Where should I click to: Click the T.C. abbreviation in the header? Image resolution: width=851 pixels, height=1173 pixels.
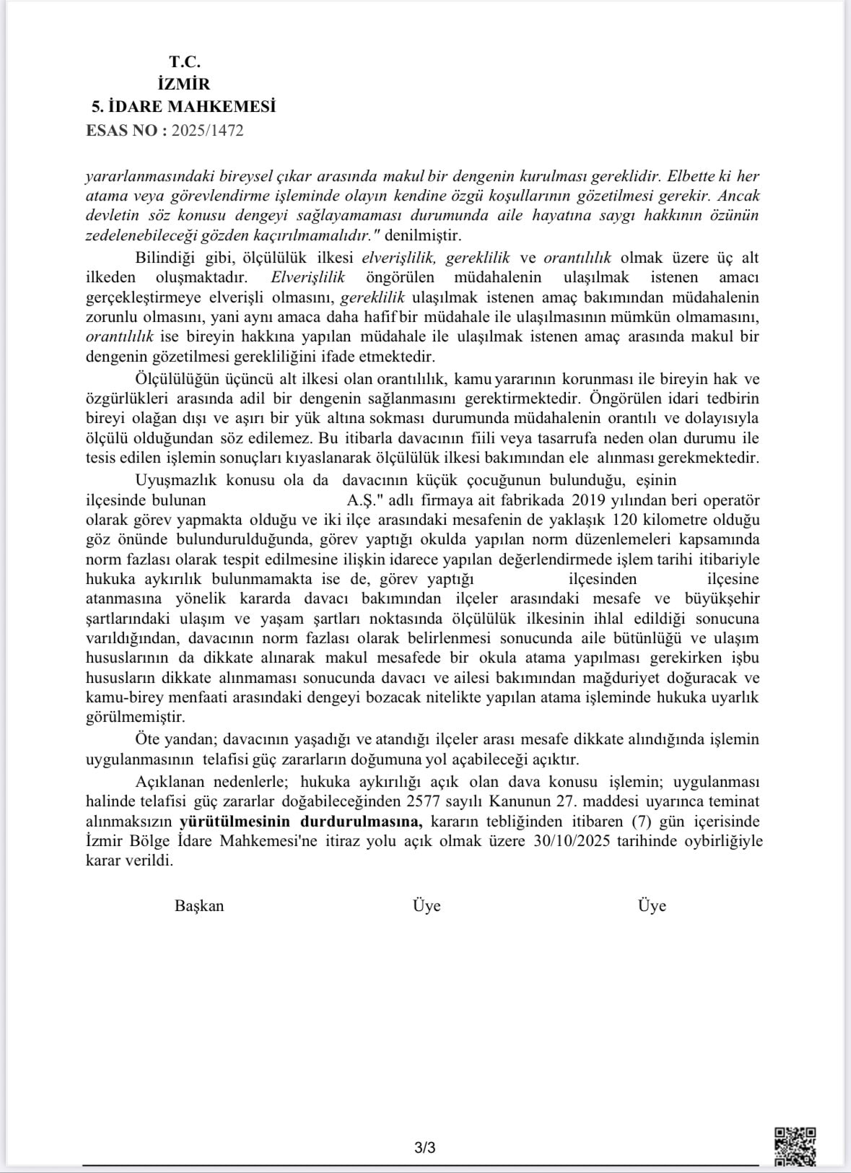pos(184,62)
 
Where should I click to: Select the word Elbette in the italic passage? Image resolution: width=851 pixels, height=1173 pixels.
pos(691,176)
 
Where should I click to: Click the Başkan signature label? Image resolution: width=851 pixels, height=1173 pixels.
pos(199,905)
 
